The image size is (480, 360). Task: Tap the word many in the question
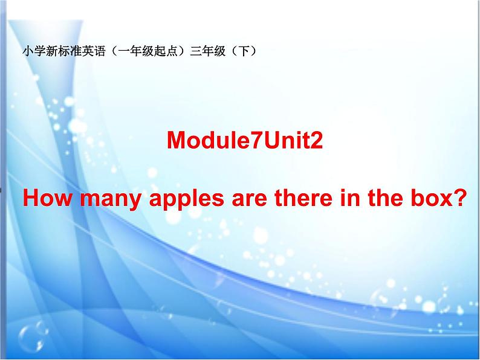point(96,199)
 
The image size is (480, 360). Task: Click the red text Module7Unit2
point(245,141)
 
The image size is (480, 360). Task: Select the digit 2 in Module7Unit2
point(317,141)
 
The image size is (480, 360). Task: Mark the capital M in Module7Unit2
point(176,141)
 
